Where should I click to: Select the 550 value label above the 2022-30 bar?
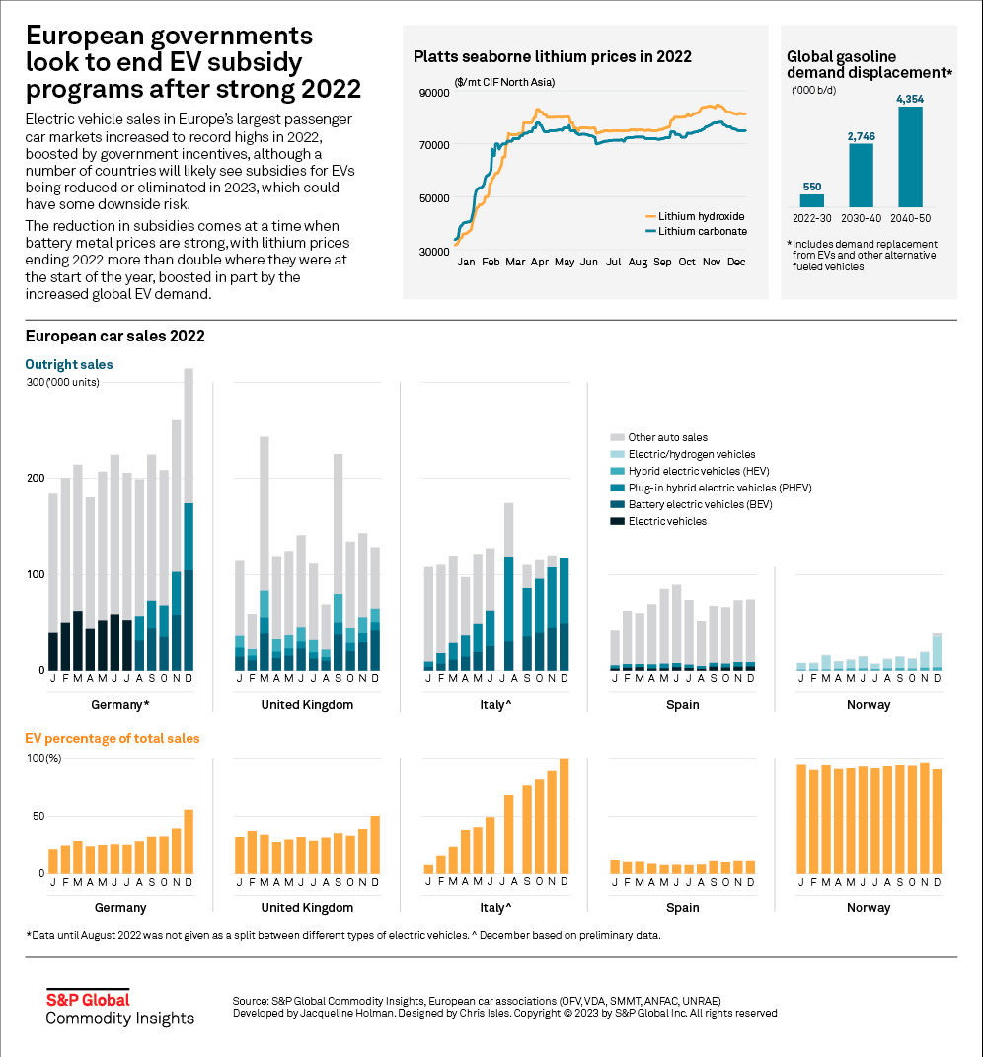point(811,186)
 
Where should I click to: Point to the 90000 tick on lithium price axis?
point(435,93)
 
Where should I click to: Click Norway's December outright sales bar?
point(937,651)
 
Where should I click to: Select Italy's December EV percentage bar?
point(564,816)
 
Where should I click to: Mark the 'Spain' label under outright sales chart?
point(681,705)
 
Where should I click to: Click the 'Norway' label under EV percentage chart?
point(869,907)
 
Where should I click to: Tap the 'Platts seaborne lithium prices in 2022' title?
point(552,56)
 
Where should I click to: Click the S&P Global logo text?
point(88,999)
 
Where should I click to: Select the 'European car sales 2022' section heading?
point(114,336)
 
